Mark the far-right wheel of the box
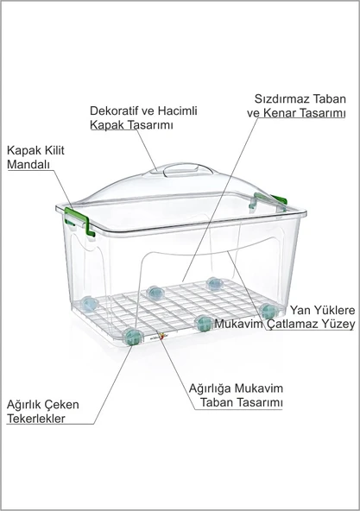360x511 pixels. (x=267, y=309)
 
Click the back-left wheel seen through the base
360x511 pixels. (x=91, y=303)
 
